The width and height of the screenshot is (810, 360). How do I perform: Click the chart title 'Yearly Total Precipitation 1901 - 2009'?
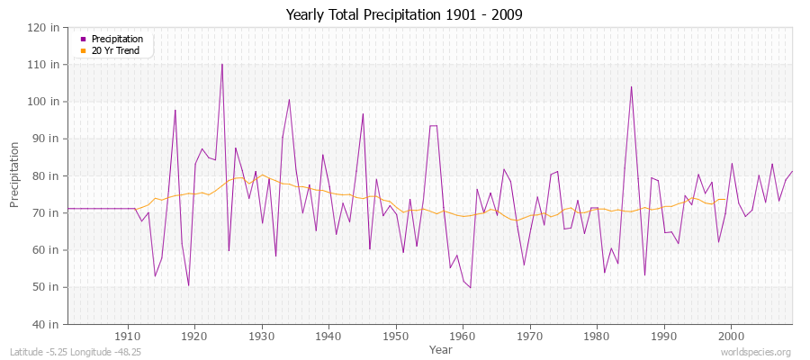404,15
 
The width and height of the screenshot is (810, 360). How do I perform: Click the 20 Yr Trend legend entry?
115,50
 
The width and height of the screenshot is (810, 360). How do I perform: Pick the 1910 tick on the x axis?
128,335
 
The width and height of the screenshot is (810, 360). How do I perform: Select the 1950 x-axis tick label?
395,335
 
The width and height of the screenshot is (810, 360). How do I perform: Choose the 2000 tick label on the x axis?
731,335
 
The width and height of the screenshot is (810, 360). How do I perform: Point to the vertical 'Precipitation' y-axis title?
15,175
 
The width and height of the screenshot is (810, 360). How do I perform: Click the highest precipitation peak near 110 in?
222,64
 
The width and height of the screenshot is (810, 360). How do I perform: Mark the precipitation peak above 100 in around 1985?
631,86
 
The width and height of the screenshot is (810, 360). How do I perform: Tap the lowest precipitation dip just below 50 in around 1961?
470,287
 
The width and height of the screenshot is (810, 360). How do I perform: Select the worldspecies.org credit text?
758,353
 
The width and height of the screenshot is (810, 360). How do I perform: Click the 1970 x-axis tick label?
529,335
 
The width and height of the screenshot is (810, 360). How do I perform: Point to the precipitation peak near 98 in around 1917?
175,110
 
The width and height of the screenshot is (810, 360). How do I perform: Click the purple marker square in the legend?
84,39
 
